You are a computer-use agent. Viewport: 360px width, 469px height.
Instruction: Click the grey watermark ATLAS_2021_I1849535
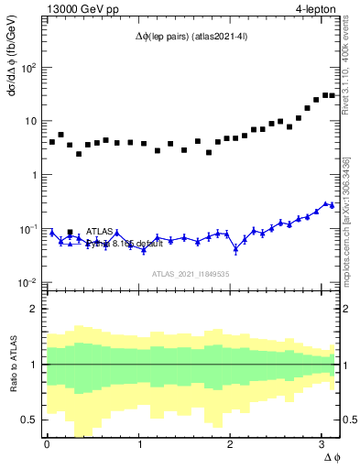pyautogui.click(x=191, y=274)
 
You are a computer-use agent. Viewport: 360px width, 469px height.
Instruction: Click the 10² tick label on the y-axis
pyautogui.click(x=27, y=67)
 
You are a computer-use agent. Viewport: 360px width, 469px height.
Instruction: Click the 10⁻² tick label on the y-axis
pyautogui.click(x=27, y=282)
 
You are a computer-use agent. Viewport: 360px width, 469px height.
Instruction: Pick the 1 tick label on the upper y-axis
pyautogui.click(x=35, y=174)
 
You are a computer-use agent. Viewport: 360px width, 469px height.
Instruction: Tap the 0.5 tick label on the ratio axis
pyautogui.click(x=29, y=420)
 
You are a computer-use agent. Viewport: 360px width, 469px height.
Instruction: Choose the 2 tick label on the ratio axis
pyautogui.click(x=35, y=309)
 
